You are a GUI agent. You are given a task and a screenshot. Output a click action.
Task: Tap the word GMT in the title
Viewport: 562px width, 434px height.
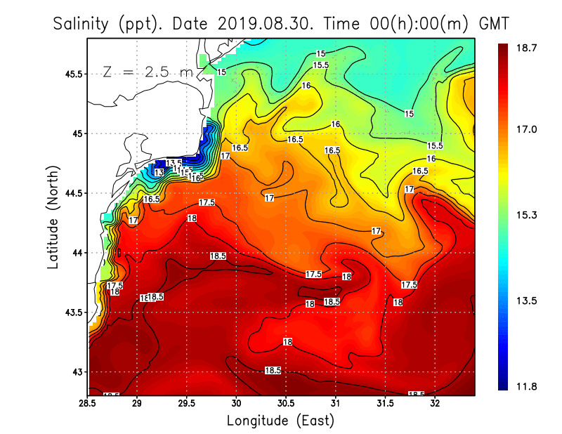pos(494,23)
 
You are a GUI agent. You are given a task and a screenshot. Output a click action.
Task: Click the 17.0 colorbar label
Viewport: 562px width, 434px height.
pos(527,129)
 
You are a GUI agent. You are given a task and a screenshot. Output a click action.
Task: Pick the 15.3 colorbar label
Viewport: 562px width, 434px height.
pos(527,215)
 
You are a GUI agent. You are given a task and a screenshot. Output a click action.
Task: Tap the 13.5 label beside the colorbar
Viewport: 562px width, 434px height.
pos(527,301)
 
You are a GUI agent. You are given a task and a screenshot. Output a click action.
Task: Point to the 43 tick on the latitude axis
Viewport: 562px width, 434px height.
pos(78,371)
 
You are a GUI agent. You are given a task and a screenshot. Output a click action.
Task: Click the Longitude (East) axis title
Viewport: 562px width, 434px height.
pos(280,421)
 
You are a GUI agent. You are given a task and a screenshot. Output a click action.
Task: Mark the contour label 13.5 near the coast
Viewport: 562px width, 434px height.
pos(174,163)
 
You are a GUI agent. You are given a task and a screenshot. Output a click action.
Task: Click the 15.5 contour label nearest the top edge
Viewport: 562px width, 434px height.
pos(321,65)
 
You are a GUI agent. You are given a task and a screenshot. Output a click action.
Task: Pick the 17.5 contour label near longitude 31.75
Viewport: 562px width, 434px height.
pos(409,284)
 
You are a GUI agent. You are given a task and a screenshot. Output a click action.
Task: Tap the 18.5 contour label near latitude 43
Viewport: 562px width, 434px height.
pos(273,370)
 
